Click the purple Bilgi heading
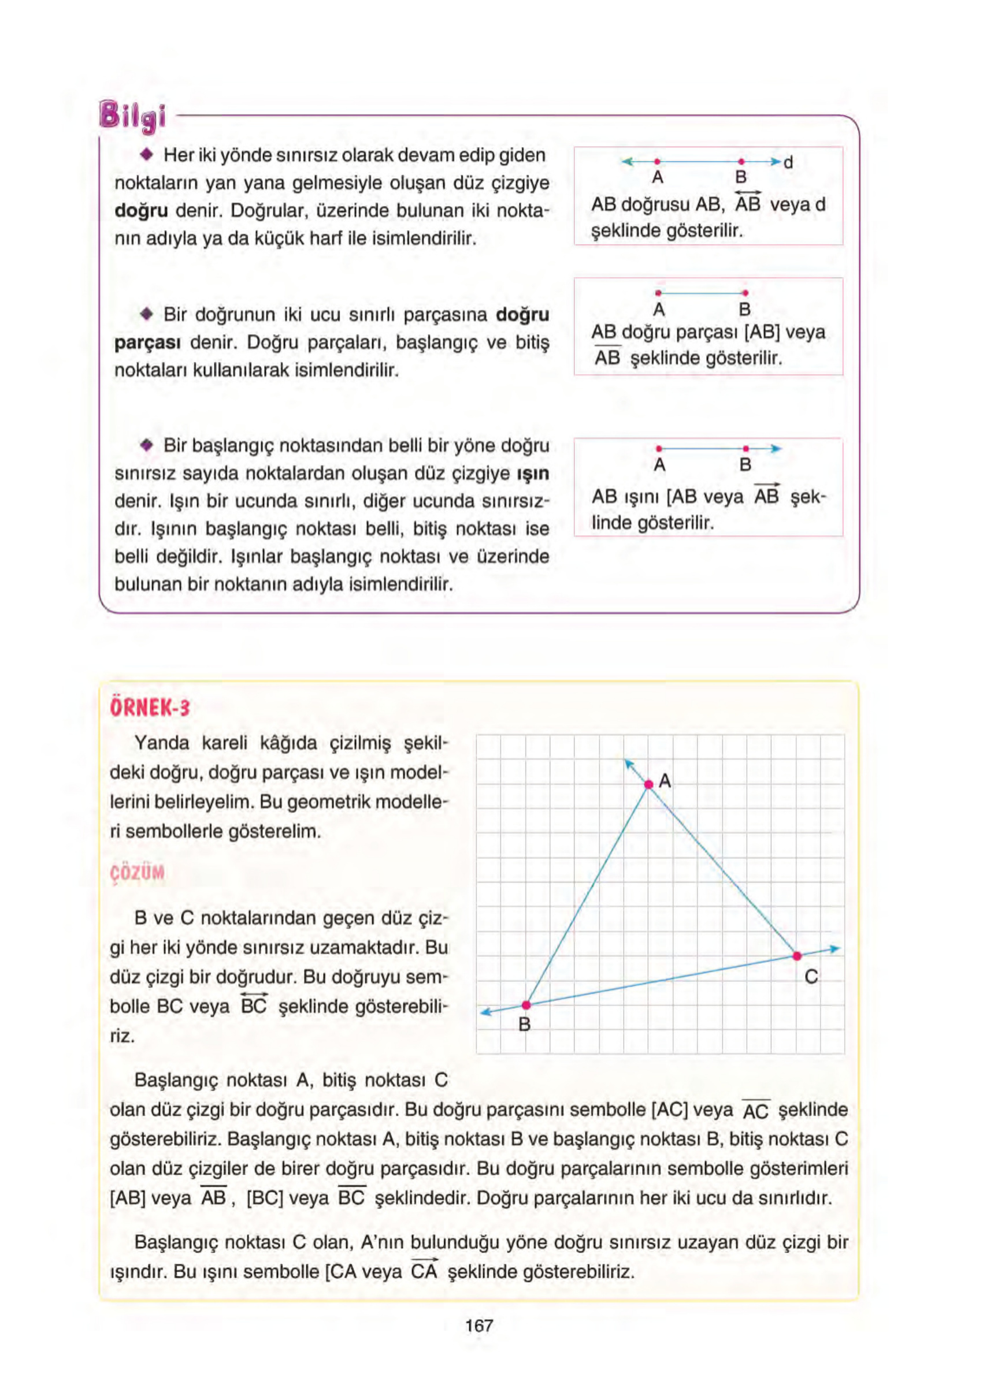[x=132, y=116]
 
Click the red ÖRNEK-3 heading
[x=150, y=708]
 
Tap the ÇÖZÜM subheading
[x=138, y=873]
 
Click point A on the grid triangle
[x=648, y=784]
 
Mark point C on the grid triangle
[x=796, y=955]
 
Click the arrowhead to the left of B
[x=485, y=1013]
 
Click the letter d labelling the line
[x=788, y=162]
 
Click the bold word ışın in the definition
[x=533, y=474]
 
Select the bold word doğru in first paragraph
[x=141, y=211]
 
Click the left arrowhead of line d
[x=626, y=162]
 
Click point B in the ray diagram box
[x=745, y=449]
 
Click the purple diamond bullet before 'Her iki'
[x=146, y=155]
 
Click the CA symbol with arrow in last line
[x=424, y=1271]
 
